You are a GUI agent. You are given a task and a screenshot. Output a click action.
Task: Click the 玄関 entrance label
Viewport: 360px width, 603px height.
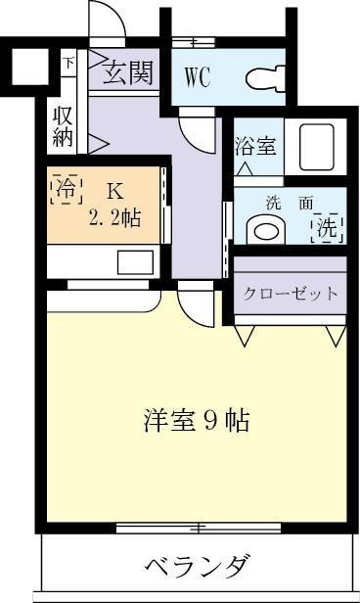click(x=128, y=72)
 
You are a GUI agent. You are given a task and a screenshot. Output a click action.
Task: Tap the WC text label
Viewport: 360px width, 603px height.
click(x=198, y=77)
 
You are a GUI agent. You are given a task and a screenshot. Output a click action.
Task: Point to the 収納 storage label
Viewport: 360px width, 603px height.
click(x=63, y=126)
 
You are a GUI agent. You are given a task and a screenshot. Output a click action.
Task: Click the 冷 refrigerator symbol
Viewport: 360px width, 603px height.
click(x=67, y=189)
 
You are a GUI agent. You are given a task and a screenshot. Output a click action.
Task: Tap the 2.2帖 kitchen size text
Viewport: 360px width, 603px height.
click(x=114, y=219)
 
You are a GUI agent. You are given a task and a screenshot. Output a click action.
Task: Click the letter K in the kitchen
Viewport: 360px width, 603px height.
click(x=115, y=191)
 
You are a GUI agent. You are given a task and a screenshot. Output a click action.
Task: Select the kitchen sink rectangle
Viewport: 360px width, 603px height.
click(x=135, y=262)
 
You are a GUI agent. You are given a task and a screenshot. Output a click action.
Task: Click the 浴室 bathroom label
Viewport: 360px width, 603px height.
click(x=255, y=146)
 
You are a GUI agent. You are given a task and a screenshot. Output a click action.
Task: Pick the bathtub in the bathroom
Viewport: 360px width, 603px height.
click(x=316, y=147)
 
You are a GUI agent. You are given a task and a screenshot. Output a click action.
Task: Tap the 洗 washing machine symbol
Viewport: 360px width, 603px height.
click(x=327, y=228)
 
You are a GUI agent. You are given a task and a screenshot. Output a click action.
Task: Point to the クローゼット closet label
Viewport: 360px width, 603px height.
click(x=291, y=295)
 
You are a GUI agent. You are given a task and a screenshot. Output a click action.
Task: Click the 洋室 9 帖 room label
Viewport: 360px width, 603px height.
click(x=197, y=421)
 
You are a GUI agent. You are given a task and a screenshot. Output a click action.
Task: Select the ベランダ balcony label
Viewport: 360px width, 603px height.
click(x=196, y=566)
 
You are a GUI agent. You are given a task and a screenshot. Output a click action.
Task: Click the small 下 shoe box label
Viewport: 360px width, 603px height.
click(x=68, y=62)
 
